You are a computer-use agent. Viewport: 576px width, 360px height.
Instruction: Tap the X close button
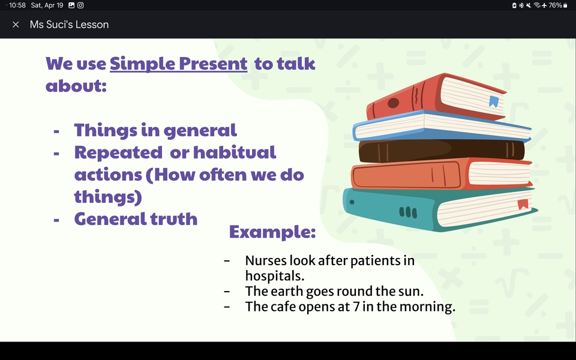pyautogui.click(x=16, y=25)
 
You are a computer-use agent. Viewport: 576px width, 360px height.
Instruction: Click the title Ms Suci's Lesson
pyautogui.click(x=69, y=25)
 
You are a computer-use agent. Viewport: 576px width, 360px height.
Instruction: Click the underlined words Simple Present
pyautogui.click(x=179, y=64)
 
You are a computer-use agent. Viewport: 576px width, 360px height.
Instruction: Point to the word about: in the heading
pyautogui.click(x=76, y=85)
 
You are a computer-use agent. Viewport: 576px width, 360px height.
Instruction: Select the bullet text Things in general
pyautogui.click(x=155, y=130)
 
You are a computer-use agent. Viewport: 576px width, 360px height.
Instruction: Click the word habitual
pyautogui.click(x=235, y=152)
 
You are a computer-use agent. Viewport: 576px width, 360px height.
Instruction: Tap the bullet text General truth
pyautogui.click(x=136, y=218)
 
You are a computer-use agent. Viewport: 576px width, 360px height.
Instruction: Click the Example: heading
pyautogui.click(x=272, y=232)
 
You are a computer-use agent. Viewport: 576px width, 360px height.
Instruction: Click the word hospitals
pyautogui.click(x=275, y=276)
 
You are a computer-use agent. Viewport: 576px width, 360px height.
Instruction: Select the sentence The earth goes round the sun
pyautogui.click(x=334, y=291)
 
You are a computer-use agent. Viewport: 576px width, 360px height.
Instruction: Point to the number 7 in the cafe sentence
pyautogui.click(x=356, y=307)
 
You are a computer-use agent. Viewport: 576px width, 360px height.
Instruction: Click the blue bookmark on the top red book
pyautogui.click(x=494, y=101)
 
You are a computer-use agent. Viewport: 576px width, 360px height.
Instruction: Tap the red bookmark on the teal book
pyautogui.click(x=523, y=204)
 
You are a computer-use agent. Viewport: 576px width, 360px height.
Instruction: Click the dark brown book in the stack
pyautogui.click(x=442, y=151)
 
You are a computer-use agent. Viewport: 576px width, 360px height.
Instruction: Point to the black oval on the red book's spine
pyautogui.click(x=393, y=103)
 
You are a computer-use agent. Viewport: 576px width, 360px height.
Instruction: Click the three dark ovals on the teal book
pyautogui.click(x=408, y=212)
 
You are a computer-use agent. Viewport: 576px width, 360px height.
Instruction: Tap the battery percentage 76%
pyautogui.click(x=555, y=5)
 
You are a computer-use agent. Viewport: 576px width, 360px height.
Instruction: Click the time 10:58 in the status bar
pyautogui.click(x=17, y=5)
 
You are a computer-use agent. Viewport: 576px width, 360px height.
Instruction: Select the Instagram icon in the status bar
pyautogui.click(x=80, y=5)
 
